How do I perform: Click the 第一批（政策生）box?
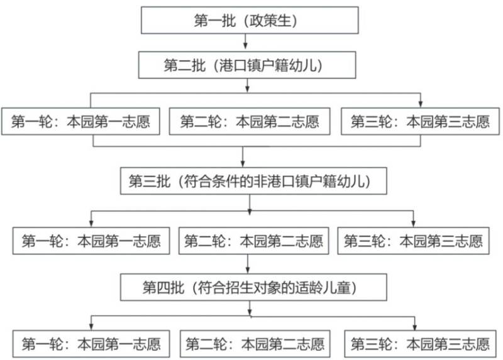(250, 20)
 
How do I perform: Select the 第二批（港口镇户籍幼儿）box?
(247, 65)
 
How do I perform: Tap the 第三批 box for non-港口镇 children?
(253, 181)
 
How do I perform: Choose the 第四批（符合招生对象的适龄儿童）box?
(253, 287)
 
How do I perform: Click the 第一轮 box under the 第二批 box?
(80, 121)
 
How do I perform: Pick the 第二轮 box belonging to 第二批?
(250, 121)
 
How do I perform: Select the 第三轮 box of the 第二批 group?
(420, 121)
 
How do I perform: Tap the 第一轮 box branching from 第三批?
(91, 241)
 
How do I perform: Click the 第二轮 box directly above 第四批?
(254, 241)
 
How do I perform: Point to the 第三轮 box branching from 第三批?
(414, 241)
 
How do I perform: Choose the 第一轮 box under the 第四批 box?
(91, 344)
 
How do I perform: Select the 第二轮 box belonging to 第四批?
(255, 344)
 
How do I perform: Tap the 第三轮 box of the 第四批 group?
(420, 344)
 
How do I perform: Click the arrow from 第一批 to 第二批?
(245, 41)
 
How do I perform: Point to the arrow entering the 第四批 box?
(248, 264)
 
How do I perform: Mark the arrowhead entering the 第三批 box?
(243, 163)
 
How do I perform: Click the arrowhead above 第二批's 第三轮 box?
(421, 104)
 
